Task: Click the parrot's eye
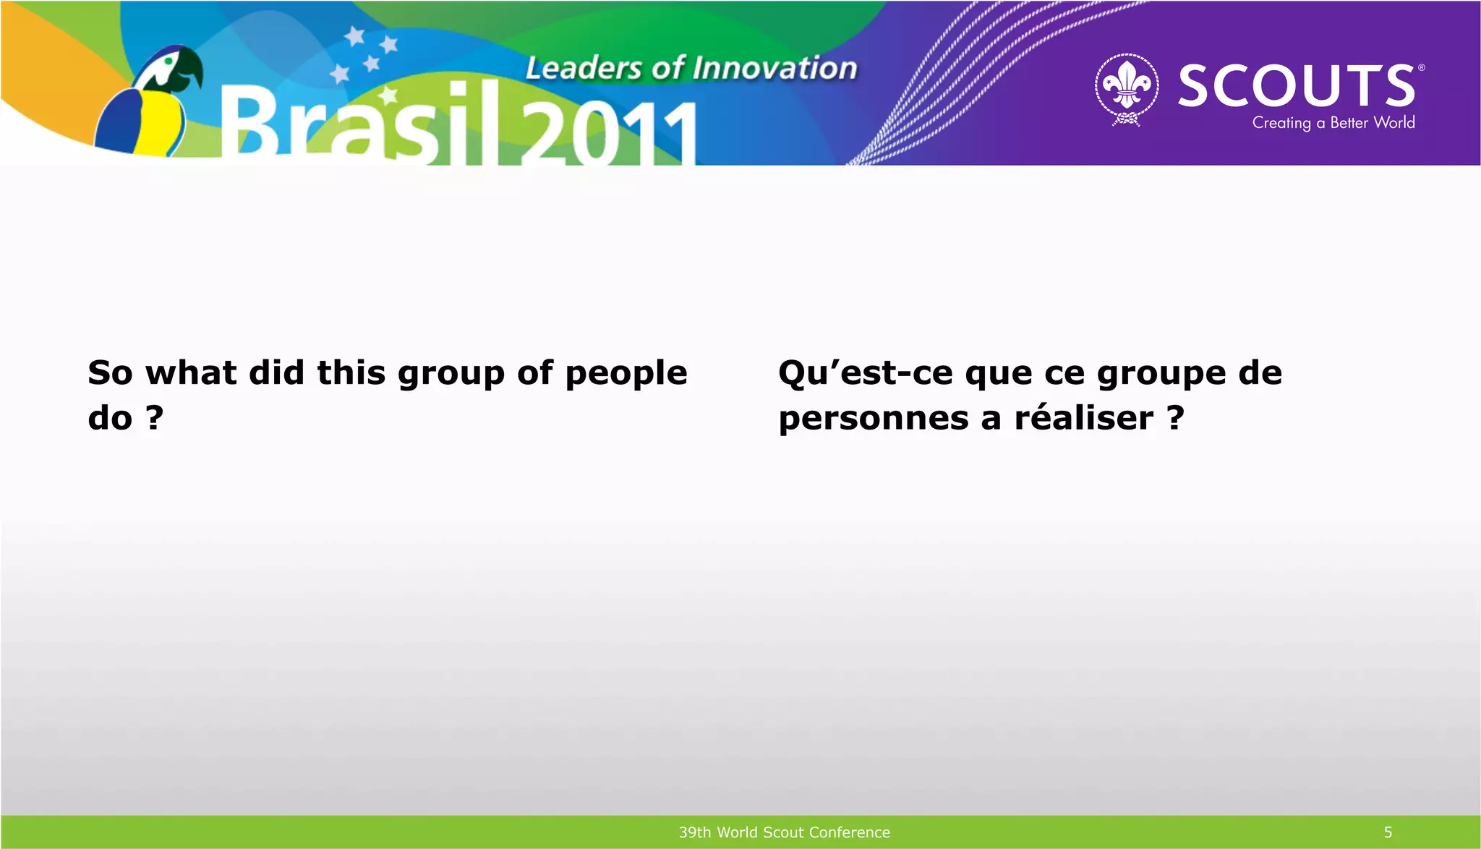(x=168, y=61)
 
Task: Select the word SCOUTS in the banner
(x=1297, y=85)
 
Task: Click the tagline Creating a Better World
(x=1333, y=123)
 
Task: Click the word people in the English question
(x=626, y=374)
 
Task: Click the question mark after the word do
(x=154, y=417)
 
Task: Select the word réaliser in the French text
(x=1083, y=418)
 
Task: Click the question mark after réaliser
(x=1176, y=417)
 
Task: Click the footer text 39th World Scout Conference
(x=784, y=832)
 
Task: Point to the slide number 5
(x=1388, y=832)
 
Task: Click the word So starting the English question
(x=110, y=373)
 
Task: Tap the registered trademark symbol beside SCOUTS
(x=1421, y=68)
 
